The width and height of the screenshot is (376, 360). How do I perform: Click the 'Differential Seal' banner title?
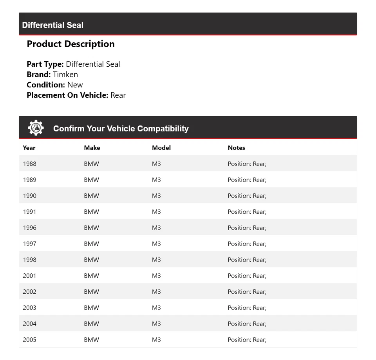pos(53,25)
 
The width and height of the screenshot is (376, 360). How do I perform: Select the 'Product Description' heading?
pos(70,44)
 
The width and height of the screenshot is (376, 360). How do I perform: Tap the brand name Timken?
pos(65,75)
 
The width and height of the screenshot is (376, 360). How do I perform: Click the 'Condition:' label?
pos(46,85)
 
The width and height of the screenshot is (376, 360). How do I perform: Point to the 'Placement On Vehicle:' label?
pos(67,95)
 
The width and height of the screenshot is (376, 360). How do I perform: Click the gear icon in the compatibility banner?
pos(36,128)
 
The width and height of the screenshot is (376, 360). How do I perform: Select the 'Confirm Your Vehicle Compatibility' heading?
pos(121,129)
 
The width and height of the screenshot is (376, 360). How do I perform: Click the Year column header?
pos(29,148)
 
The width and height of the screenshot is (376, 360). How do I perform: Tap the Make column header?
pos(92,148)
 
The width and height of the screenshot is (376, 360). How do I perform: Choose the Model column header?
pos(161,148)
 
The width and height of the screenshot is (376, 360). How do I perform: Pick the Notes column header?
pos(237,148)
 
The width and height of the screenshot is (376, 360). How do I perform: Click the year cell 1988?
pos(29,164)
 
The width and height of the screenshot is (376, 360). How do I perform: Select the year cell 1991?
pos(29,212)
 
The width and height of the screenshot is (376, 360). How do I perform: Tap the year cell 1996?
pos(29,228)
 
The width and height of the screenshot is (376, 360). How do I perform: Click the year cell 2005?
pos(29,340)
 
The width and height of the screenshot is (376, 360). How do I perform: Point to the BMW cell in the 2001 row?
pos(92,276)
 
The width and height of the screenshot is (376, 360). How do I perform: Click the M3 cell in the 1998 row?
pos(156,260)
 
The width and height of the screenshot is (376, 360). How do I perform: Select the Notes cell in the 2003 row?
pos(247,308)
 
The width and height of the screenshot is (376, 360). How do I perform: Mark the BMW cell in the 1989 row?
pos(92,180)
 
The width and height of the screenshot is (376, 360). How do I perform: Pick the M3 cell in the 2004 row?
pos(156,324)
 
